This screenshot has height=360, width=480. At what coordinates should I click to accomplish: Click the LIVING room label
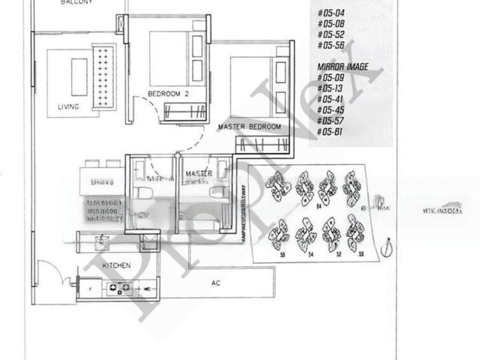(x=68, y=106)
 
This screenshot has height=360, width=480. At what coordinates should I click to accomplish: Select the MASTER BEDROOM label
(x=249, y=127)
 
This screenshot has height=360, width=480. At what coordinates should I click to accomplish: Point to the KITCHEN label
(x=117, y=265)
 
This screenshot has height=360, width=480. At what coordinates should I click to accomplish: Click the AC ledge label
(x=216, y=283)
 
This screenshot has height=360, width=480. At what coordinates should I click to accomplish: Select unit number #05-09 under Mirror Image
(x=330, y=77)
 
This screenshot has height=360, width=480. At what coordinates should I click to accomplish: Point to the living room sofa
(x=100, y=75)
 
